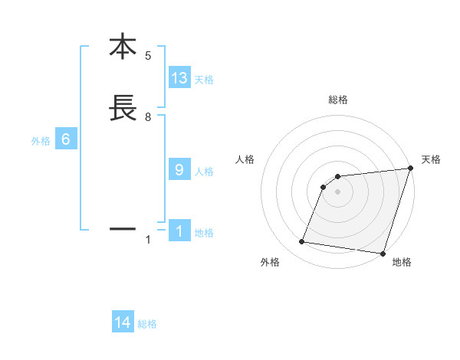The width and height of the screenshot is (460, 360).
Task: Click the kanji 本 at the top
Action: click(x=123, y=47)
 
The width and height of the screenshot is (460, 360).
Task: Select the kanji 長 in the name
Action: click(x=123, y=109)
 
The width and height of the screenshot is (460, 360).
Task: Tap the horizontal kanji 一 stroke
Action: click(x=123, y=228)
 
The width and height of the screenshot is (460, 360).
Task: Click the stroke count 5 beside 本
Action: click(x=148, y=56)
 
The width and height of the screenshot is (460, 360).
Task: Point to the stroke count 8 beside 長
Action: click(x=148, y=117)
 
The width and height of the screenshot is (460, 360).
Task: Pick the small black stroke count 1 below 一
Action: click(x=148, y=240)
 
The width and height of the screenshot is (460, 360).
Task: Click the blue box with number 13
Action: click(x=179, y=78)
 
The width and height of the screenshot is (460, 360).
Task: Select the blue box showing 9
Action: click(x=179, y=170)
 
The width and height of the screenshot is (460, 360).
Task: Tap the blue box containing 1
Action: click(x=179, y=231)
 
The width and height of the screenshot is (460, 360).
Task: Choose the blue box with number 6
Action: click(x=66, y=139)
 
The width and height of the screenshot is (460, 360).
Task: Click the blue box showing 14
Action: click(x=123, y=322)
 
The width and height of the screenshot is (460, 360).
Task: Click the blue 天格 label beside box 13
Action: click(x=204, y=80)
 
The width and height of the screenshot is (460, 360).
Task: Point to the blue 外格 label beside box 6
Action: click(x=41, y=141)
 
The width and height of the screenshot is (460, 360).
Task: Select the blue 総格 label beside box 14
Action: click(x=147, y=324)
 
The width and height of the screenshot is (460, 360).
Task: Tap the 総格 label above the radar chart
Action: click(x=338, y=100)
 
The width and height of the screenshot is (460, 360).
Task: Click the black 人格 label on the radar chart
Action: click(x=245, y=159)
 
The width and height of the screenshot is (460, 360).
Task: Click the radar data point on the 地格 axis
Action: click(x=382, y=254)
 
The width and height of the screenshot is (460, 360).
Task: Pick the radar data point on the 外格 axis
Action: click(x=301, y=242)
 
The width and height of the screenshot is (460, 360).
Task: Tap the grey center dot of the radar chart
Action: click(x=338, y=191)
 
